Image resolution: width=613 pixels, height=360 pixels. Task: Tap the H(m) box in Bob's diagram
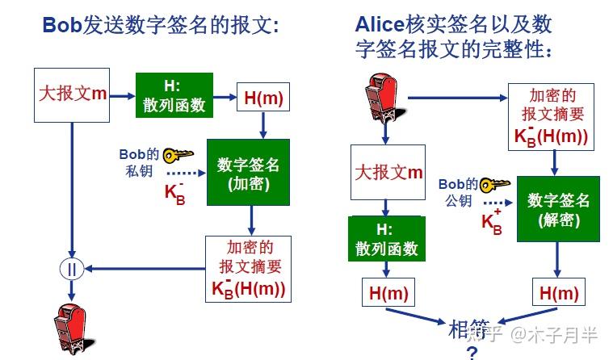tap(262, 97)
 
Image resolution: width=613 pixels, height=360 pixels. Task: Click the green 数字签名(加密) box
tap(248, 172)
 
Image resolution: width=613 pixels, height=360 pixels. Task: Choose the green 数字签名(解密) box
tap(558, 209)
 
